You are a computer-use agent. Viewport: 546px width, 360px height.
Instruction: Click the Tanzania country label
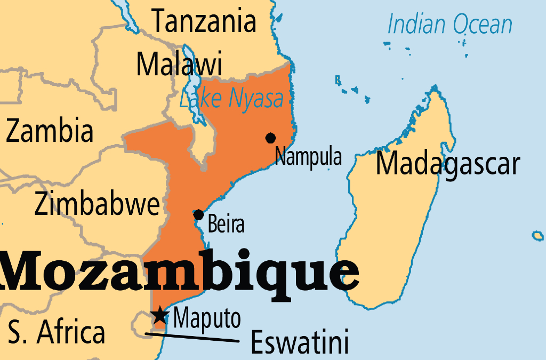click(204, 21)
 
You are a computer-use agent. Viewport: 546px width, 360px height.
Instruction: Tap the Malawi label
click(179, 64)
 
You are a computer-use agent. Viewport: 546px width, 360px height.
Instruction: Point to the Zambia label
click(50, 131)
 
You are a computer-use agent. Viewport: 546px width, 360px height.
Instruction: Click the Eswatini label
click(300, 341)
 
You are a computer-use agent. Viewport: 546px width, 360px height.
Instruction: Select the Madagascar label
click(447, 164)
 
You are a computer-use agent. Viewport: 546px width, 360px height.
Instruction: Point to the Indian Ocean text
click(449, 25)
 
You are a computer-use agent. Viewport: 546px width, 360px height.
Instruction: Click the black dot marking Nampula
click(270, 138)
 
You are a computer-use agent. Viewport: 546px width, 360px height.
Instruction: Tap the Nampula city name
click(308, 157)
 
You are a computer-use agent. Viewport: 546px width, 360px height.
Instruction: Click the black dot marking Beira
click(199, 215)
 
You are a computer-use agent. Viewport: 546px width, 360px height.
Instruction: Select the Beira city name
click(226, 225)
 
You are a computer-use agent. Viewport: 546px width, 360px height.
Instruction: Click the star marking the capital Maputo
click(160, 316)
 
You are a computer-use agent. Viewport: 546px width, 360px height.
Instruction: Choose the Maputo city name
click(207, 319)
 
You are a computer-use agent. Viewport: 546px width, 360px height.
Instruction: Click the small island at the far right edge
click(538, 235)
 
